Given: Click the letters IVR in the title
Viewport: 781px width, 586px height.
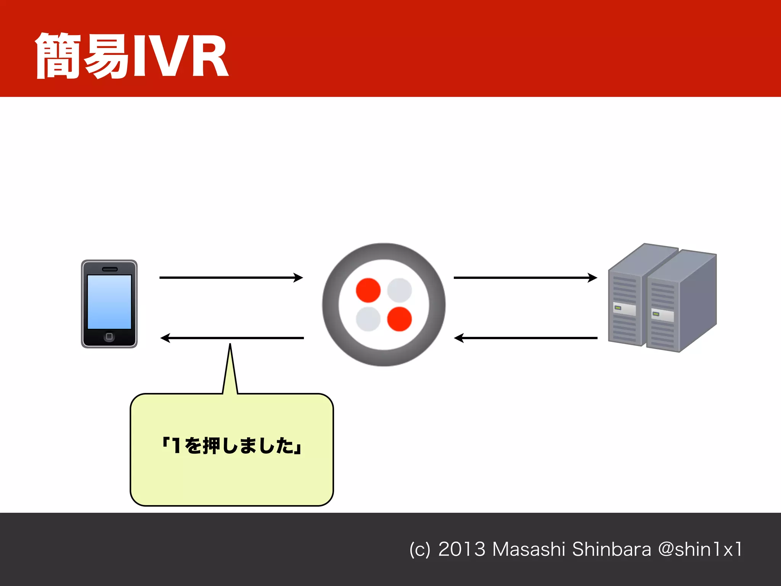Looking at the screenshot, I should click(179, 56).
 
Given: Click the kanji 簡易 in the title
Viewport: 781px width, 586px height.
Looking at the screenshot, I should click(82, 56).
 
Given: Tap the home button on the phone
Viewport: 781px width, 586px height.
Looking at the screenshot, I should click(109, 336).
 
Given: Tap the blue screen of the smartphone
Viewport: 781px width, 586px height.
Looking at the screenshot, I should click(109, 301).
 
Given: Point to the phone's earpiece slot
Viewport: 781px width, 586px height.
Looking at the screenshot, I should click(109, 269).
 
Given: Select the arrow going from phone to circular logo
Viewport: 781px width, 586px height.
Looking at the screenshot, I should click(231, 277).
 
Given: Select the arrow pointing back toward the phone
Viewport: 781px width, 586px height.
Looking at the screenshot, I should click(232, 338).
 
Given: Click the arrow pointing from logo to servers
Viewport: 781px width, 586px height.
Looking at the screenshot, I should click(525, 277).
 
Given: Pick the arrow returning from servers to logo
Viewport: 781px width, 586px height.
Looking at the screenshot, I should click(525, 338).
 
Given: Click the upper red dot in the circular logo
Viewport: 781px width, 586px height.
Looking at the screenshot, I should click(368, 290).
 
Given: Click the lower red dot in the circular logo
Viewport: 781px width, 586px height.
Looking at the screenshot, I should click(399, 319).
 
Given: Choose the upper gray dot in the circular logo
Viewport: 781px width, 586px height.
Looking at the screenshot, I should click(399, 290).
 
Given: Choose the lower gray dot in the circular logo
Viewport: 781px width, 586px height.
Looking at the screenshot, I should click(368, 319).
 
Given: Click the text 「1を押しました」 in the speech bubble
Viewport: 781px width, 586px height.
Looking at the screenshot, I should click(232, 445).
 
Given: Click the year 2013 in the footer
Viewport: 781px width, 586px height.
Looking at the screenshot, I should click(461, 549).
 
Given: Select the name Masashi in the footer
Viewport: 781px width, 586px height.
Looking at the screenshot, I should click(529, 549).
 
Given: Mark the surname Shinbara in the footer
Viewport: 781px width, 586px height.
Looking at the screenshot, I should click(611, 549).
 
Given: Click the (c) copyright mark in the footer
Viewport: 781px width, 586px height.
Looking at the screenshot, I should click(419, 550).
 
